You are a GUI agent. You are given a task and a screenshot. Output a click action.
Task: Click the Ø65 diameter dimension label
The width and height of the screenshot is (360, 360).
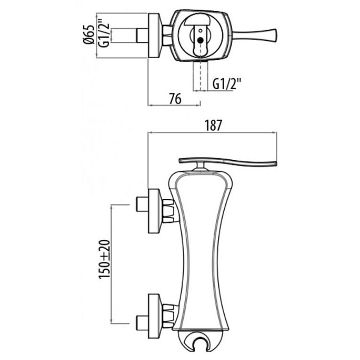coord(89,34)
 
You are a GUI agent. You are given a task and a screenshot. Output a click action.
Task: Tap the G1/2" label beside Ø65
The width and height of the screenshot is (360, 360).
coord(103,35)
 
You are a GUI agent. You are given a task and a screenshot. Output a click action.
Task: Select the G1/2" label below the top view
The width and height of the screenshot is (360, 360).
coord(227,84)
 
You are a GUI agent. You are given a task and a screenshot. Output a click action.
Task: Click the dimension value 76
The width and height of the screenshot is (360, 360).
coord(175,99)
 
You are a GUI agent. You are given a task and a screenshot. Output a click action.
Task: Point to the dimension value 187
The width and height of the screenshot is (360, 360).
coord(214,126)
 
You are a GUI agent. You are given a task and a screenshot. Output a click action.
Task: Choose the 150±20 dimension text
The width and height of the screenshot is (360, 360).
coord(105,259)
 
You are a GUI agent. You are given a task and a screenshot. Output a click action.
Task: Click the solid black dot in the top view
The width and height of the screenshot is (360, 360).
coord(200,40)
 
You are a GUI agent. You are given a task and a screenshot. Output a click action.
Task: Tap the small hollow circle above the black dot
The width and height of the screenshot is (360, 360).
coord(200,31)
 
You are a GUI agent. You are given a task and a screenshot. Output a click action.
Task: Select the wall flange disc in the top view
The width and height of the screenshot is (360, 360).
coord(154,36)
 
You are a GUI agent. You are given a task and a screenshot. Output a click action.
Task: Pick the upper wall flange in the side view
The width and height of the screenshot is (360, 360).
coord(154,211)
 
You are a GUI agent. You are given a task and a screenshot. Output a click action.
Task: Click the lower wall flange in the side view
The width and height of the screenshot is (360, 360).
coord(154,316)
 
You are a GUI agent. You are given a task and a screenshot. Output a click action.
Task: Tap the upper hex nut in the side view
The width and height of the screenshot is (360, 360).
coord(168,211)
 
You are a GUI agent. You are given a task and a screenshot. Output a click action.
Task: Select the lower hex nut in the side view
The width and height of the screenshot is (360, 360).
coord(168,316)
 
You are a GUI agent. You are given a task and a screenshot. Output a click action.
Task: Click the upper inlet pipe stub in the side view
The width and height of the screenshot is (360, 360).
coord(142,204)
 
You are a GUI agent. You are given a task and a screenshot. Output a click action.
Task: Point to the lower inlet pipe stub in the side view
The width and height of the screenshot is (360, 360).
coord(142,323)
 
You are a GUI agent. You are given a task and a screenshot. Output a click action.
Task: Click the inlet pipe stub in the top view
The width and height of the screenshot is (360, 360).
coord(142,36)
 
